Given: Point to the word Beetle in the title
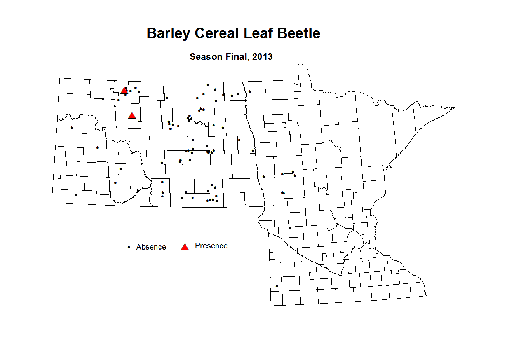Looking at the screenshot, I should click(x=299, y=33).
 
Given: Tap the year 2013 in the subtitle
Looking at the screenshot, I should click(x=262, y=57).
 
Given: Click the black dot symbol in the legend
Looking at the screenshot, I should click(x=129, y=247).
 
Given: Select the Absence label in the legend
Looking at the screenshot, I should click(x=151, y=247).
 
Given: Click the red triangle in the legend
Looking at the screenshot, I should click(x=185, y=246).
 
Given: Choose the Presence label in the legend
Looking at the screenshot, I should click(x=211, y=246).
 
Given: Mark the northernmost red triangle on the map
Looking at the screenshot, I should click(x=124, y=91).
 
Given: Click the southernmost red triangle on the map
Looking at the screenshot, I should click(x=132, y=115).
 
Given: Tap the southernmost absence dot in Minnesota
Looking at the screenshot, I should click(x=277, y=287).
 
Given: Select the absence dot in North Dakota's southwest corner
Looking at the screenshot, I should click(x=76, y=195).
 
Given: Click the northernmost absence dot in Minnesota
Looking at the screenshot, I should click(x=250, y=91).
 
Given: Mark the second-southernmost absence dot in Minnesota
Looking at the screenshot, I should click(x=290, y=228).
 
